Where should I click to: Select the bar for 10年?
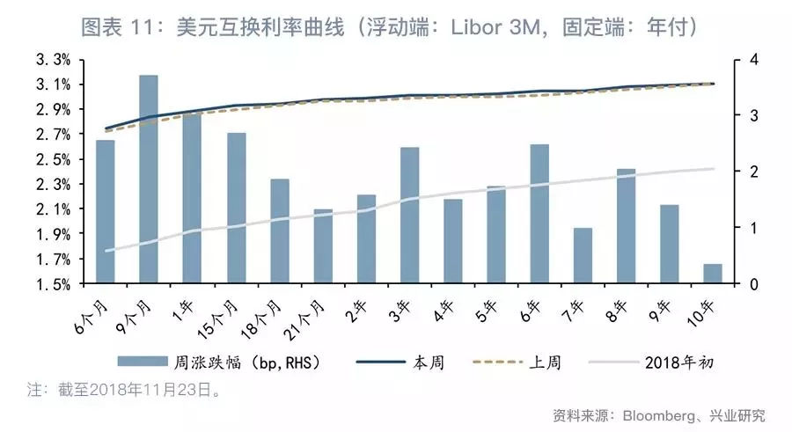pos(713,274)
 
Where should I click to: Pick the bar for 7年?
pos(583,256)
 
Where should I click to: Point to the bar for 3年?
pos(409,216)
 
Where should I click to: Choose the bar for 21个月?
pos(323,246)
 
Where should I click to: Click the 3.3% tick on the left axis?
pos(52,60)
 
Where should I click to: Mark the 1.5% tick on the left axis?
pos(52,285)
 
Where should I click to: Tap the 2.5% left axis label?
pos(52,160)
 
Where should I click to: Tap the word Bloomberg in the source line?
pos(661,414)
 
